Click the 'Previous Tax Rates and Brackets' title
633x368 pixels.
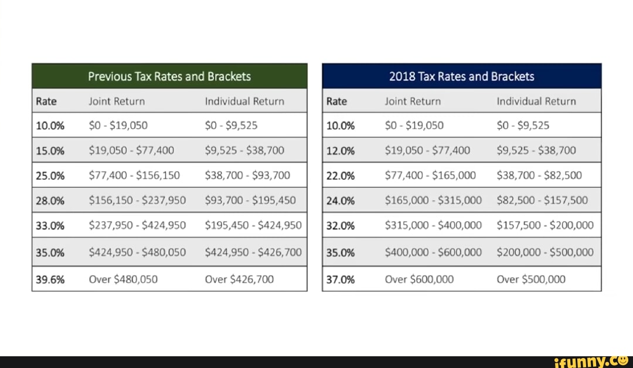pos(169,76)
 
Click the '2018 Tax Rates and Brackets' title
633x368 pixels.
pos(461,76)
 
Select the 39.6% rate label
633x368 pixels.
pos(50,279)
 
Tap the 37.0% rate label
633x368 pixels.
pos(341,279)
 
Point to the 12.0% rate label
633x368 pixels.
pos(341,150)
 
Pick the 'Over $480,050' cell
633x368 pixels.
pos(123,279)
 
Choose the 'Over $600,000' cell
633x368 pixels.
pos(419,279)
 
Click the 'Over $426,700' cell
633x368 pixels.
pos(239,279)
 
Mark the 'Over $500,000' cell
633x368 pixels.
pos(531,279)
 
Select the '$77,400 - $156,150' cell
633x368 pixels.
pos(134,175)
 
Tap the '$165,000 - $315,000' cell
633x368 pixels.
pos(433,200)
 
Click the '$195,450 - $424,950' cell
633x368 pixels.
pos(253,225)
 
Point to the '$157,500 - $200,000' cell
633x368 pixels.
pos(545,225)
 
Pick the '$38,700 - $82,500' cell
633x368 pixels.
pos(539,175)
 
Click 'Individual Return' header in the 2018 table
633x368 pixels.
pos(536,101)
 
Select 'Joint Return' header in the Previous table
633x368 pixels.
pos(117,101)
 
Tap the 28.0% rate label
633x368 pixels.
pos(50,200)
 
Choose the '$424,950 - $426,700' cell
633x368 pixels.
pos(253,252)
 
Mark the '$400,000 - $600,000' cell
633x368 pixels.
pos(433,252)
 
